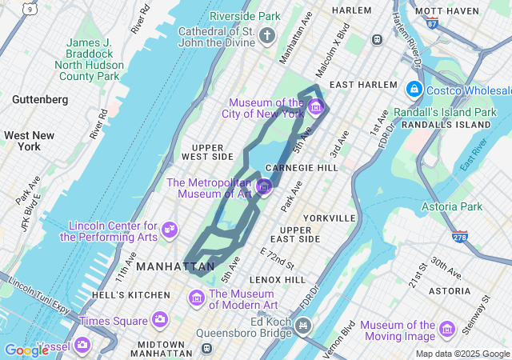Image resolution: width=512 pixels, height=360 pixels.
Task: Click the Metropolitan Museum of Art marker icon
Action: (265, 187)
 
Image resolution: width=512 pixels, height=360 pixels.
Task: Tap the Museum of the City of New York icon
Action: (315, 107)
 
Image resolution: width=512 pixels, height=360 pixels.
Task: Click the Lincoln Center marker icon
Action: (170, 230)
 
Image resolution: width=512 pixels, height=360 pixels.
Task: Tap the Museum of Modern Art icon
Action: (197, 298)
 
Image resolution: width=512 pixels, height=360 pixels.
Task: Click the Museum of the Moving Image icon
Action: (447, 330)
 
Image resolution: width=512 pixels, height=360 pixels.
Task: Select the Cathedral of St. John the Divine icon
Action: (267, 35)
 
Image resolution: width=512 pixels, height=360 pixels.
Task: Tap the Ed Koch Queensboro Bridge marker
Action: (302, 325)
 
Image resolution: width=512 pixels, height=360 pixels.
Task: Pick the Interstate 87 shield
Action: (432, 24)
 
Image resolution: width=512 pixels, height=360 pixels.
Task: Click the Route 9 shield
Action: (30, 9)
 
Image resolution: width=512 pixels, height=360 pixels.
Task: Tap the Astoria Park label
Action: (452, 206)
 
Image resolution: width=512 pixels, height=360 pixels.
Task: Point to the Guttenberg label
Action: (40, 99)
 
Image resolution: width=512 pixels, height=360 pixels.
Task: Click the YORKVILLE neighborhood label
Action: (329, 218)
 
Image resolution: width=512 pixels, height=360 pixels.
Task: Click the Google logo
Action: (26, 350)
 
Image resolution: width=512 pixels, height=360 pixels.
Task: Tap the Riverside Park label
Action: (245, 16)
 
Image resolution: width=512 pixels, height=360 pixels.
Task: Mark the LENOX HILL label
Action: (278, 280)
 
